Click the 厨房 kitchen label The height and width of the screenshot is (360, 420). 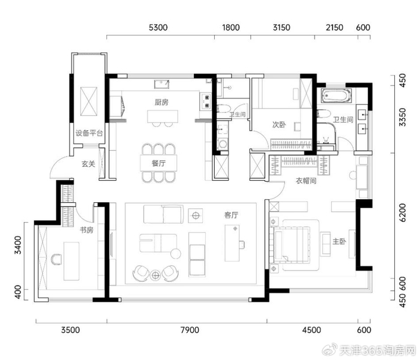(x=161, y=102)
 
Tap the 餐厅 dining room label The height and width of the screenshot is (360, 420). (x=158, y=163)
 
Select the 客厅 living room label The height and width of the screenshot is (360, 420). (x=231, y=215)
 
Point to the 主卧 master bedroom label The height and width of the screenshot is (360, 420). (x=339, y=241)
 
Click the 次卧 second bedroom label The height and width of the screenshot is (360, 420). (x=279, y=125)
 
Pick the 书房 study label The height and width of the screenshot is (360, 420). (x=86, y=230)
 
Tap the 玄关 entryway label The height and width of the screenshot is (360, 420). (x=88, y=164)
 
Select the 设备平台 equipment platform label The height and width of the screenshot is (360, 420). (x=89, y=133)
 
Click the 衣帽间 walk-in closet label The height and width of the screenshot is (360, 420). (x=306, y=181)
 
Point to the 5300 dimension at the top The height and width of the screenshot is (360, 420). (x=158, y=28)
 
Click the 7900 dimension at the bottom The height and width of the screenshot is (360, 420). (x=190, y=330)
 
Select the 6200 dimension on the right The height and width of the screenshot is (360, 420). (x=403, y=212)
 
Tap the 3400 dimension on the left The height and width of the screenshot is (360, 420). (x=18, y=245)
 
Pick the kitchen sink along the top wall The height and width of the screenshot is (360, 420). (x=162, y=84)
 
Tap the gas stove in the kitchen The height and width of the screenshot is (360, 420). (x=207, y=101)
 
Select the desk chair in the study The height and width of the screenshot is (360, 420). (x=56, y=259)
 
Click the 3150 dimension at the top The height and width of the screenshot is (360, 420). (x=281, y=28)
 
